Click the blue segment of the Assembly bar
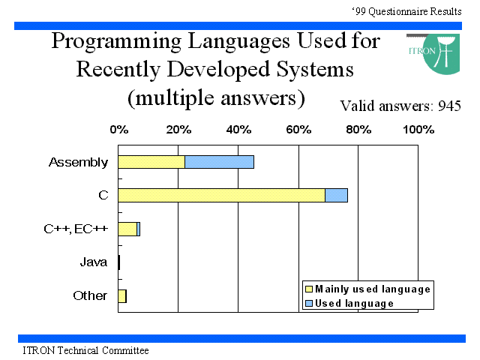219,162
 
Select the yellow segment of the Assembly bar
151,162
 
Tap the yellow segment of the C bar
222,195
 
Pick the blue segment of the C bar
337,195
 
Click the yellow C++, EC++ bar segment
127,229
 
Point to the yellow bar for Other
122,296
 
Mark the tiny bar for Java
119,262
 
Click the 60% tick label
298,130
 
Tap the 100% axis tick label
418,130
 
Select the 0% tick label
119,130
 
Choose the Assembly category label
78,162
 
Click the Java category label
94,262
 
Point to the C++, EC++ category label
76,229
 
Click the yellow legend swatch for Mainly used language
309,289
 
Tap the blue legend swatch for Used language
309,303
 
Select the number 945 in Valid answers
449,106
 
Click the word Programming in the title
117,41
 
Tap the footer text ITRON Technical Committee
85,350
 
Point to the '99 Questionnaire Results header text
406,12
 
